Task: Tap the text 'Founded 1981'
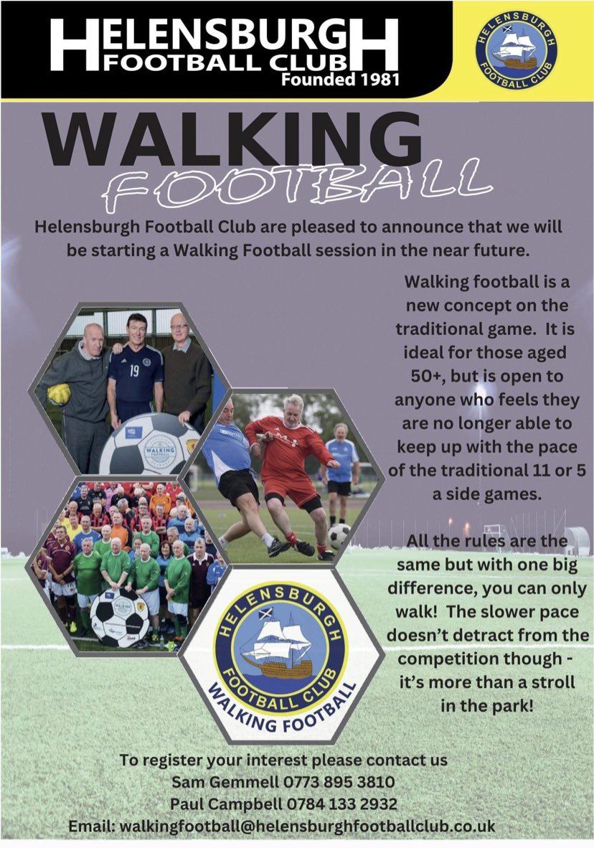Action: [340, 79]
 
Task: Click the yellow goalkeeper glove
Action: [60, 393]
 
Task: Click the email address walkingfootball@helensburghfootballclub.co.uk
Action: [307, 825]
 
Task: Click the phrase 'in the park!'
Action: [487, 705]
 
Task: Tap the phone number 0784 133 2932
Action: [347, 803]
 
